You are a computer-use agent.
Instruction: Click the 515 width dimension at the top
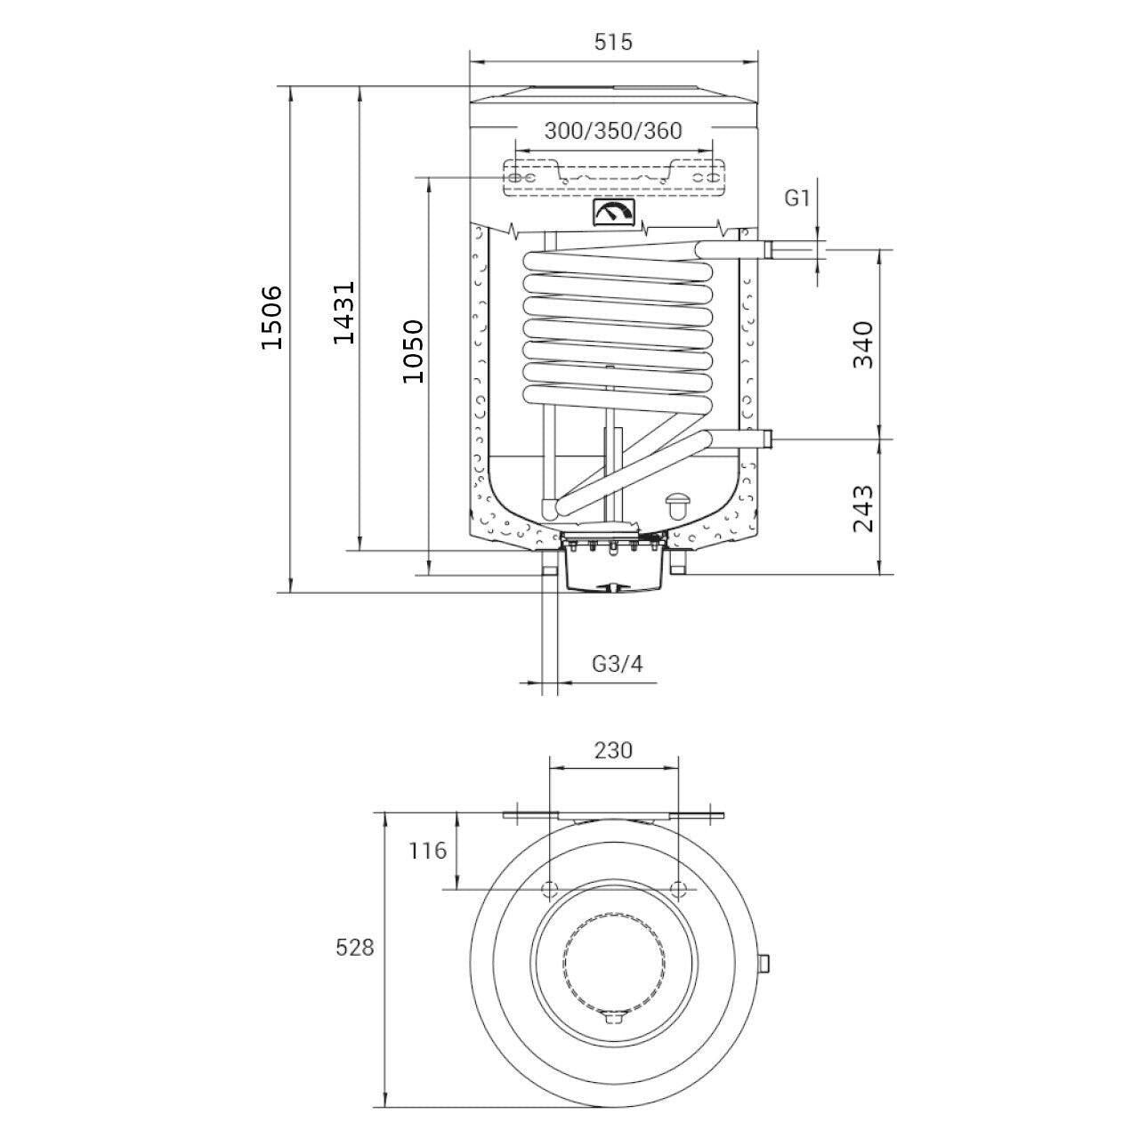click(x=613, y=42)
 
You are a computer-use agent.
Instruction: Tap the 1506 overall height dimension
click(x=272, y=318)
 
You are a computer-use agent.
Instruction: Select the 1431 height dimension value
click(x=343, y=312)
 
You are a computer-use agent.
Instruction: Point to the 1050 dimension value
click(x=413, y=351)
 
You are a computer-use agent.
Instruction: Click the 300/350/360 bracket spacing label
click(x=613, y=131)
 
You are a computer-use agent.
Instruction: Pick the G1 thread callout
click(x=796, y=198)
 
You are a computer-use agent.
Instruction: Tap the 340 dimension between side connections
click(x=863, y=344)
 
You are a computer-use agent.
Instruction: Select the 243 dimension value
click(x=863, y=508)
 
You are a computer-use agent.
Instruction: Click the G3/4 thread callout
click(x=617, y=664)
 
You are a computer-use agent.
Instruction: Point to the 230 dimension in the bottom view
click(x=613, y=750)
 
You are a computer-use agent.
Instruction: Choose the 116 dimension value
click(x=428, y=851)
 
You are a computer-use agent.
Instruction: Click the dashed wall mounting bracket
click(x=614, y=177)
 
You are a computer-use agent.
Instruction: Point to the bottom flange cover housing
click(x=613, y=568)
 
